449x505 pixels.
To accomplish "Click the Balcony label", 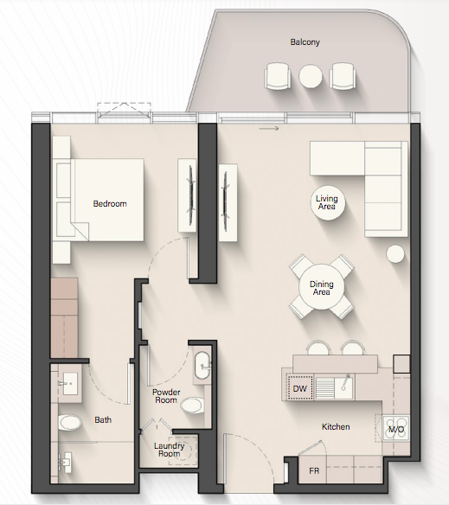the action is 305,42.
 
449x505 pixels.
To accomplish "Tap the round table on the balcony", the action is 311,76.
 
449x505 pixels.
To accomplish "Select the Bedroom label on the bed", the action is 110,204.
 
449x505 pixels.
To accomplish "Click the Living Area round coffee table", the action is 328,203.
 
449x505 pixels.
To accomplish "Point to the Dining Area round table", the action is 321,287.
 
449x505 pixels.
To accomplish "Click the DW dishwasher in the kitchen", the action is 300,388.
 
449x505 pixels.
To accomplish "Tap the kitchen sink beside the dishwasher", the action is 343,387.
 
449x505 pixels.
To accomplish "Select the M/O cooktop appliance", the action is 396,429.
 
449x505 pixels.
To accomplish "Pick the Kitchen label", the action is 336,427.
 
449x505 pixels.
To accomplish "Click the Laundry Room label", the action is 169,450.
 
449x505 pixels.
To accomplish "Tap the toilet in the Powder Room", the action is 192,405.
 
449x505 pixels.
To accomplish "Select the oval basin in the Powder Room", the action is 202,366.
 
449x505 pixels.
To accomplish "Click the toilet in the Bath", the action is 69,422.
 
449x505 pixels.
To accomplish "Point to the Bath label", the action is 103,420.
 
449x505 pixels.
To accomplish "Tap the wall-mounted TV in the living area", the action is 225,201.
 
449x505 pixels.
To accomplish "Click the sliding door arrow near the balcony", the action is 269,129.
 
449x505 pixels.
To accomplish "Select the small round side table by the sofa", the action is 395,253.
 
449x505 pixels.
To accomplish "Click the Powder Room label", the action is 166,396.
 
